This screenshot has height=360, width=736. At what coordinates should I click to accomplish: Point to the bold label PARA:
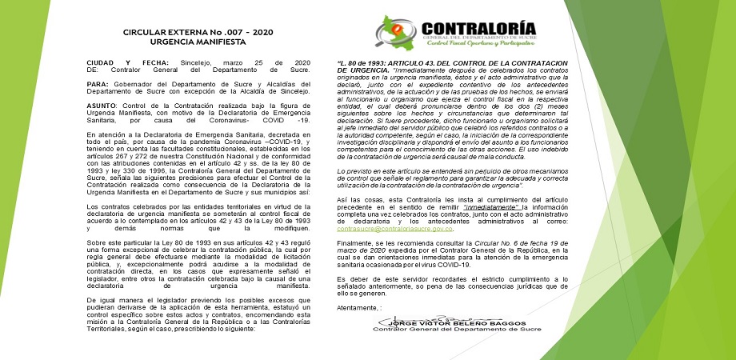pos(97,82)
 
